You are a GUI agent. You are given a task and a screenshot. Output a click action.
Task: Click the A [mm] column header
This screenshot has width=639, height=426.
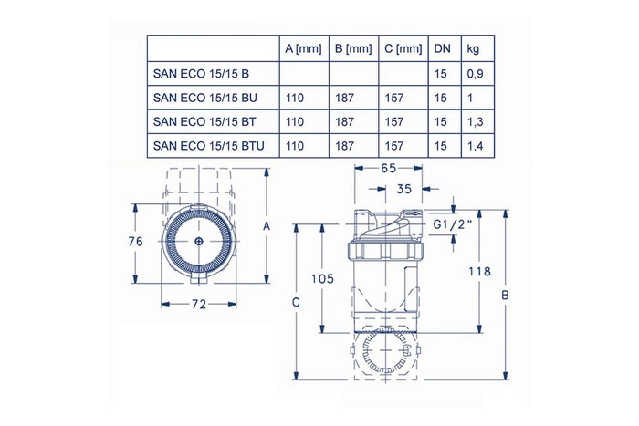303,49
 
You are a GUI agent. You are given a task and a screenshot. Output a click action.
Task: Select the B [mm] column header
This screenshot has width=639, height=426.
353,49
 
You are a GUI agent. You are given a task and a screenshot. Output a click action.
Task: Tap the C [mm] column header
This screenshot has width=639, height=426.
403,49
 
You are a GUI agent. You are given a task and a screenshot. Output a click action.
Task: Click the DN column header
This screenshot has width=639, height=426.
442,49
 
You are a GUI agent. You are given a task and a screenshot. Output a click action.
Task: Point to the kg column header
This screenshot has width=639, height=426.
473,49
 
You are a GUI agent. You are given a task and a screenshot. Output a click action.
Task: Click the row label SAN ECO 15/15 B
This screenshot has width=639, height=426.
201,74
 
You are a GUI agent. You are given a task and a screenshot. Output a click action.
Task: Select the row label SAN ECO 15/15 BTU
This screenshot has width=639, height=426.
209,146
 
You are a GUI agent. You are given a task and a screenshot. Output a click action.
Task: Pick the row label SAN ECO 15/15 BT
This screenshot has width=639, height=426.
204,121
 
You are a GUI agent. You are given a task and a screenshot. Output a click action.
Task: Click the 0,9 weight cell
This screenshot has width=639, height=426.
476,74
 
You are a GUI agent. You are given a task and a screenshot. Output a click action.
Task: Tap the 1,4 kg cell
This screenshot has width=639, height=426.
476,146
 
